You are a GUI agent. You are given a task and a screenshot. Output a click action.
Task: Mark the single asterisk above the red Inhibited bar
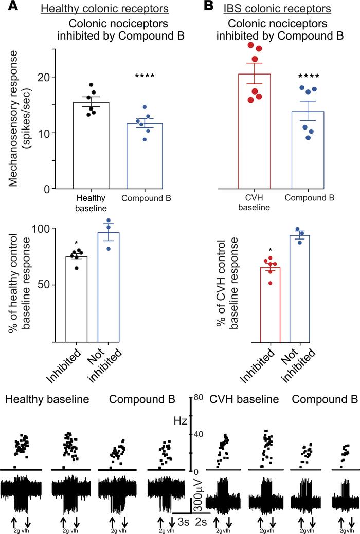(270, 251)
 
